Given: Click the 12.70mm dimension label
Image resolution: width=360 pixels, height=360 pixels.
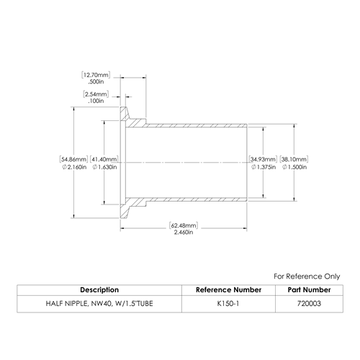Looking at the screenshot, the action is click(x=96, y=75).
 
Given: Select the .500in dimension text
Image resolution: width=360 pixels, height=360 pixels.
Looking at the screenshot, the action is click(x=96, y=81).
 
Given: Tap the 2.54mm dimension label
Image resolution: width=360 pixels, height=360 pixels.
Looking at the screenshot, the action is click(x=96, y=94).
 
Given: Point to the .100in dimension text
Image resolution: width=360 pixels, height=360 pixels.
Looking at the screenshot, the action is click(x=96, y=101).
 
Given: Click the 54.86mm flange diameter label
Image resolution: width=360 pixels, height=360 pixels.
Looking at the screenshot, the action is click(x=73, y=159).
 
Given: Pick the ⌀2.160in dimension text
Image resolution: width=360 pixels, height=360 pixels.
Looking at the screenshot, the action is click(x=74, y=167).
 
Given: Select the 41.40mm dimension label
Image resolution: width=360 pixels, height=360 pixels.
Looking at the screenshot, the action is click(x=104, y=159).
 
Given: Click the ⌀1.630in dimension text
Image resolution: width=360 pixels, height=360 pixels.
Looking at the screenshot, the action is click(x=104, y=167).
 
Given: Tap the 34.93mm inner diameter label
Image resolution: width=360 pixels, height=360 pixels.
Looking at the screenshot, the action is click(x=263, y=159).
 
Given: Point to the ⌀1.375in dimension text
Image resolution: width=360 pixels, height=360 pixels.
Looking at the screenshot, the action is click(x=264, y=167).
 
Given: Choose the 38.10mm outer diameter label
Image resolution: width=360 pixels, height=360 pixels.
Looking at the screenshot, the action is click(x=294, y=159).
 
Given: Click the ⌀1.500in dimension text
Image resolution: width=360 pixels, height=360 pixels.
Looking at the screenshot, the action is click(x=294, y=167).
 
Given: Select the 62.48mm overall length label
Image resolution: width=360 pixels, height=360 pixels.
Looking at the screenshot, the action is click(x=184, y=225).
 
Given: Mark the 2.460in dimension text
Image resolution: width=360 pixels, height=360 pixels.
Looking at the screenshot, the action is click(x=184, y=233).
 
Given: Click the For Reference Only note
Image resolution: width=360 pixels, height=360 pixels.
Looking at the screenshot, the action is click(x=307, y=276).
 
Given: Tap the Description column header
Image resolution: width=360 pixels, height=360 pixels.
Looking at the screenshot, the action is click(x=99, y=290).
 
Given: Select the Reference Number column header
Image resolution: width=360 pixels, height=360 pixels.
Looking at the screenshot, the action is click(x=228, y=290).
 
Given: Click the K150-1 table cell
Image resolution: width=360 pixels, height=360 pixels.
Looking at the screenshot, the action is click(x=228, y=304).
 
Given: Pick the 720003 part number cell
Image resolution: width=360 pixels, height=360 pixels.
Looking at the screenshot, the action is click(x=309, y=304).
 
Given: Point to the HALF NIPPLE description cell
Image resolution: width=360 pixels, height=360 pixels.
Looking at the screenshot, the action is click(x=99, y=304).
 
